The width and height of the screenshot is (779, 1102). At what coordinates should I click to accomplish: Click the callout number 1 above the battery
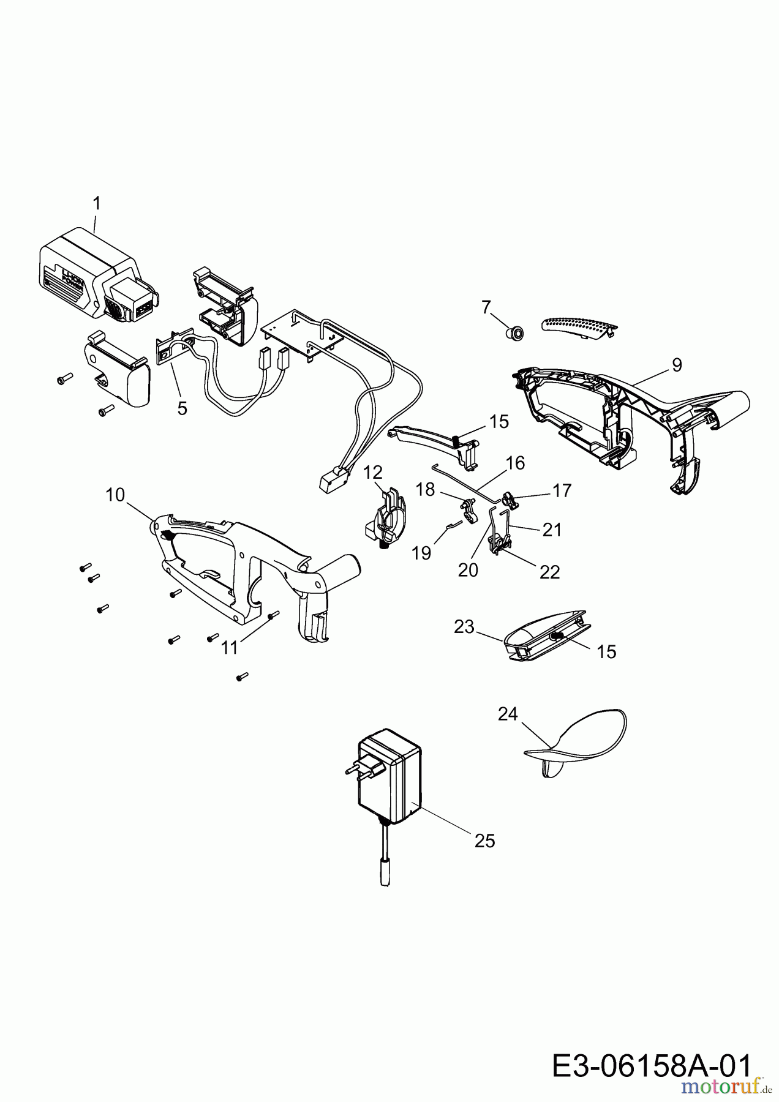[96, 204]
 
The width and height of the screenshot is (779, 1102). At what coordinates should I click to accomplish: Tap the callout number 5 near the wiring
[182, 408]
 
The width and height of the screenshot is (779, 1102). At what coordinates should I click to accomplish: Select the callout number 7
[486, 307]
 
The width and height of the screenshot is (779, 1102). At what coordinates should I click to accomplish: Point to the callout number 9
[676, 365]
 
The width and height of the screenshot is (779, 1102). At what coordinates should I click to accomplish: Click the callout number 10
[115, 495]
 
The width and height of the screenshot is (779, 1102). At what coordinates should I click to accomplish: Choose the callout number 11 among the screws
[229, 648]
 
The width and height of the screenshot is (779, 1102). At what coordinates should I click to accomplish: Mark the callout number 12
[373, 472]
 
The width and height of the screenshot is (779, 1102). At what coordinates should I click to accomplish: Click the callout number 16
[516, 463]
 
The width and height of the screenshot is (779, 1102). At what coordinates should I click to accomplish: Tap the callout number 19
[422, 553]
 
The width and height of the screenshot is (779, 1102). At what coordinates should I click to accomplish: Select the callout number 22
[550, 572]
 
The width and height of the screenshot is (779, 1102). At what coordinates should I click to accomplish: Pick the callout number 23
[464, 627]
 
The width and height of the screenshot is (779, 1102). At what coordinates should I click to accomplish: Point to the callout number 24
[508, 714]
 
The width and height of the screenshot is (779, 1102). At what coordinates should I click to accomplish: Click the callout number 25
[484, 841]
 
